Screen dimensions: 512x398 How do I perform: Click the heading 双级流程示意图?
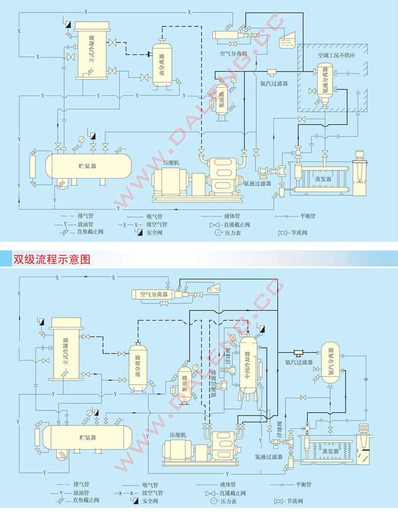pyautogui.click(x=51, y=259)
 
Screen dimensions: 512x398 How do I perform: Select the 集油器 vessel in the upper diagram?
pyautogui.click(x=222, y=99)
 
